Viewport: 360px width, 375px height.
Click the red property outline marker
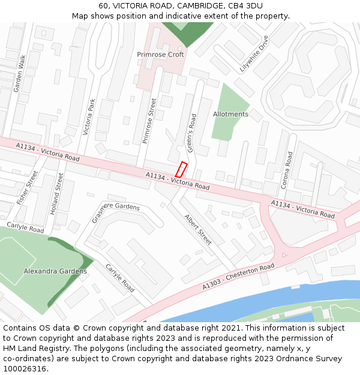[x=181, y=169]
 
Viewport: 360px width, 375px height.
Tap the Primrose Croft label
[x=160, y=55]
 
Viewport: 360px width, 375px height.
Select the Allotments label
[x=230, y=114]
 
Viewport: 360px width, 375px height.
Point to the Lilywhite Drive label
[x=254, y=54]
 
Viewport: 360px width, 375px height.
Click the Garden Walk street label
[x=19, y=74]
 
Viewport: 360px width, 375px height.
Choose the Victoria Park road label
[x=89, y=117]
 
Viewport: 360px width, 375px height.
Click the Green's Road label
[x=193, y=133]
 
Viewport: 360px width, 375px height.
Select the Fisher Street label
[x=28, y=188]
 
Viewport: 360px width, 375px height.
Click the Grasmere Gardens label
[x=115, y=211]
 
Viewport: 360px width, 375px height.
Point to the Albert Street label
[x=197, y=230]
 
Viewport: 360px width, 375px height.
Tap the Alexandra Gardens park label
[x=55, y=271]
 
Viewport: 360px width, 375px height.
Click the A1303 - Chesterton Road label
[x=238, y=276]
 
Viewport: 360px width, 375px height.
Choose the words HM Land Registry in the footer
[x=33, y=349]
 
